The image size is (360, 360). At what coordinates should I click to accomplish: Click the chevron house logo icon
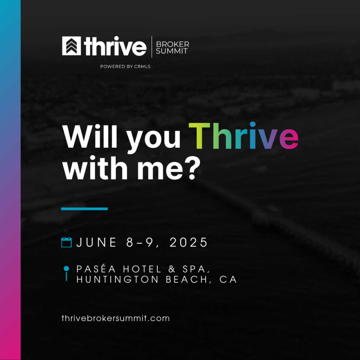pos(71,46)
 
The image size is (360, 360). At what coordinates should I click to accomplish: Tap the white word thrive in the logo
pos(115,46)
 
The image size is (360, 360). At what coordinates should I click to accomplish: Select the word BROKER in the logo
pos(172,44)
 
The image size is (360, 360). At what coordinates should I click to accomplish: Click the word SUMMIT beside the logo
pos(172,51)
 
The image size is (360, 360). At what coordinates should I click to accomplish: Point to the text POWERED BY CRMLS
pos(126,66)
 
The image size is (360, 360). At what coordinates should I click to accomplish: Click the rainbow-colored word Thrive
pos(243,136)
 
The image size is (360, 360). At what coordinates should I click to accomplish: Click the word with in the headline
pos(95,168)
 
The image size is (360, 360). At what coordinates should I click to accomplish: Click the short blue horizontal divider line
pos(84,209)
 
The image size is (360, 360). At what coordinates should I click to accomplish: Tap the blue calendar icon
pos(66,242)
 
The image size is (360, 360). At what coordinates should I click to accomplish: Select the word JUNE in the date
pos(96,242)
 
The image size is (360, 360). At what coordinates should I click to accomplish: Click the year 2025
pos(188,242)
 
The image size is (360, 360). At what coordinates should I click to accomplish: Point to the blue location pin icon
pos(66,273)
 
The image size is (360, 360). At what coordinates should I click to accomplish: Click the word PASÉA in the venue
pos(96,269)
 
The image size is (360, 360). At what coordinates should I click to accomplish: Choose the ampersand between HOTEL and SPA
pos(172,269)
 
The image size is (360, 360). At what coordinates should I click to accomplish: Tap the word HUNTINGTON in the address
pos(117,279)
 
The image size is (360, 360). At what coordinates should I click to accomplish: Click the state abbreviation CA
pos(228,279)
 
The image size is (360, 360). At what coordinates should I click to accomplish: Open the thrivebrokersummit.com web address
pos(116,318)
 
